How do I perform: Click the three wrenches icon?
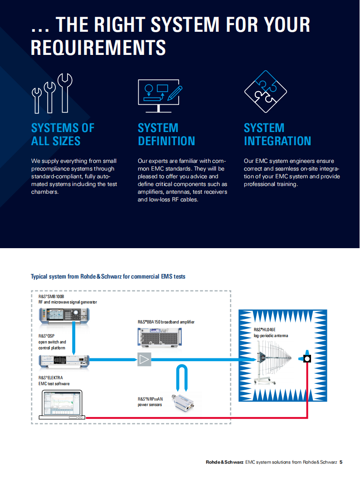[x=52, y=93]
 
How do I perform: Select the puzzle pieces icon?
[x=266, y=92]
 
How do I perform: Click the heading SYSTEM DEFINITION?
[x=166, y=134]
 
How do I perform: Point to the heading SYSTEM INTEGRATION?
[x=277, y=134]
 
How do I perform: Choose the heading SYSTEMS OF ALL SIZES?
[x=63, y=134]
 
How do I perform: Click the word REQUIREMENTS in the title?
[x=98, y=48]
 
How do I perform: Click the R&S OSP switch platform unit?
[x=64, y=361]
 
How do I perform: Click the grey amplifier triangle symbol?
[x=144, y=359]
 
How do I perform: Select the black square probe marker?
[x=307, y=359]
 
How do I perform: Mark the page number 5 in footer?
[x=341, y=462]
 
